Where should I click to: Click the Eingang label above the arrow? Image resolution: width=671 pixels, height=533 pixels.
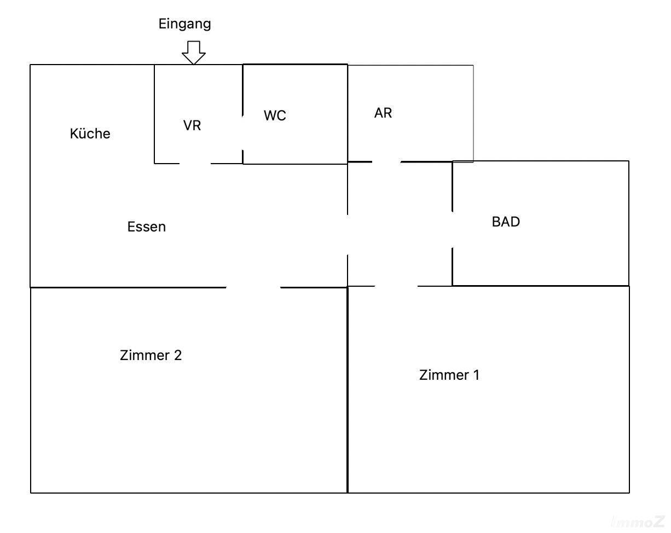tap(184, 24)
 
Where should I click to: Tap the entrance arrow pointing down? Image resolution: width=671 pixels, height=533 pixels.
tap(193, 53)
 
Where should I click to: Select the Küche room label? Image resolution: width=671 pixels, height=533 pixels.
tap(90, 134)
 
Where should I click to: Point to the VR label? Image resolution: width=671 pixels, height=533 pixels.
tap(192, 125)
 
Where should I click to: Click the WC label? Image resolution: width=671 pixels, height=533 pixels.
tap(275, 116)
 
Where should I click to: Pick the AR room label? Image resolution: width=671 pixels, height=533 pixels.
tap(383, 113)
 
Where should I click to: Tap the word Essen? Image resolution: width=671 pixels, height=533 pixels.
tap(146, 227)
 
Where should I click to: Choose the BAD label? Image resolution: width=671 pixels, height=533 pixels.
tap(506, 222)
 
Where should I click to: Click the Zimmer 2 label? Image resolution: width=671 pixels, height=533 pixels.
tap(151, 355)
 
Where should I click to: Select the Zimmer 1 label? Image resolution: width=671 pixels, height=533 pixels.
tap(449, 375)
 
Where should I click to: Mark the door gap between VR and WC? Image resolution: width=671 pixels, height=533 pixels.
tap(243, 131)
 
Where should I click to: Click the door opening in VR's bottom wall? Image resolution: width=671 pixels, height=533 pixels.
tap(195, 163)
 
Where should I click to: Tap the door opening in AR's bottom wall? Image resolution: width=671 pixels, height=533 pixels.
tap(386, 162)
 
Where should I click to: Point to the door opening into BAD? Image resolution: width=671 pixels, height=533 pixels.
tap(452, 230)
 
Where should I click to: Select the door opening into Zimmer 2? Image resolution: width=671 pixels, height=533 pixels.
tap(253, 287)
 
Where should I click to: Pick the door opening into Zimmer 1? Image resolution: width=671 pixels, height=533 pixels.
tap(396, 286)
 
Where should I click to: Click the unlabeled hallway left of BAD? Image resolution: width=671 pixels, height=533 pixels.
tap(400, 224)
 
